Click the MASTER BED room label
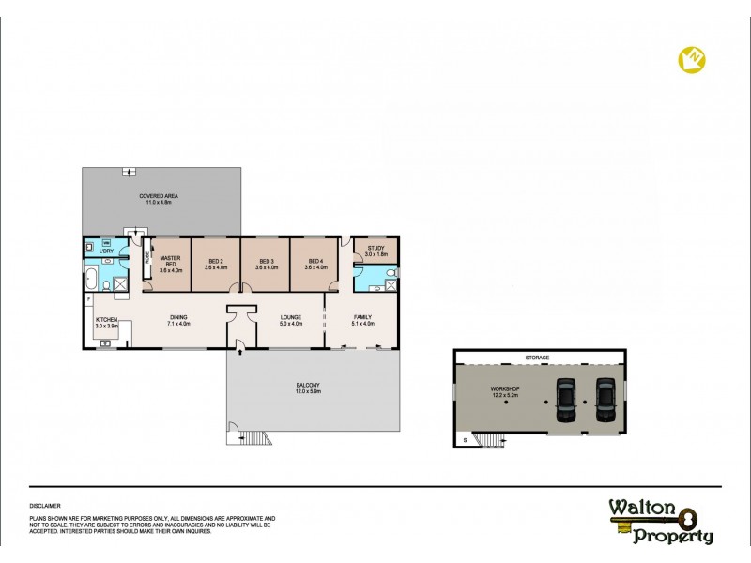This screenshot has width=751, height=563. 169,263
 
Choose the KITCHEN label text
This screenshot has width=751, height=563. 105,321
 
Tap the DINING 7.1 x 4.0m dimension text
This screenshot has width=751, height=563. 179,325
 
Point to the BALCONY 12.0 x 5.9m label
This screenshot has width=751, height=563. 310,388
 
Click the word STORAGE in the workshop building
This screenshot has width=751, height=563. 538,358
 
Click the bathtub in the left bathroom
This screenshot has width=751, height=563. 90,279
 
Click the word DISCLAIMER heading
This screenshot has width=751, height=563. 46,505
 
